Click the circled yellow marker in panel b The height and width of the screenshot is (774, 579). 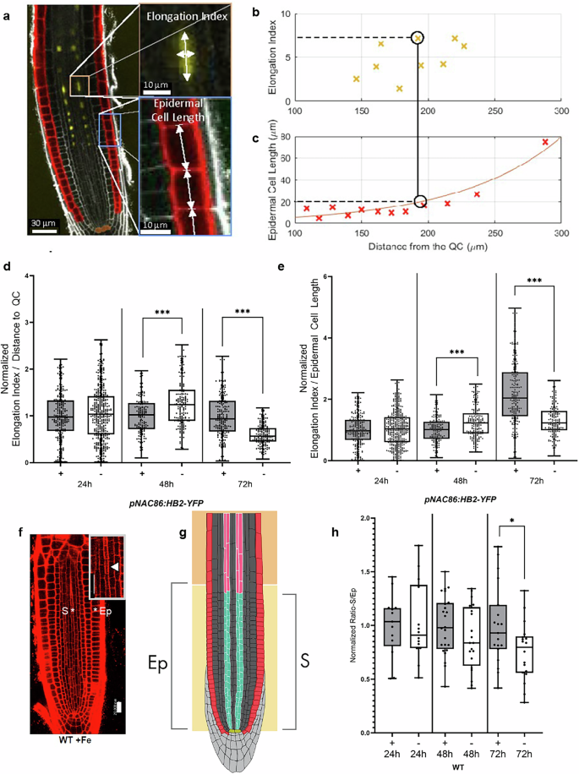coord(418,38)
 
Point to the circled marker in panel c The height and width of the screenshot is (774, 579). coord(421,201)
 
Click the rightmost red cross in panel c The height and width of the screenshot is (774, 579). coord(545,142)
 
